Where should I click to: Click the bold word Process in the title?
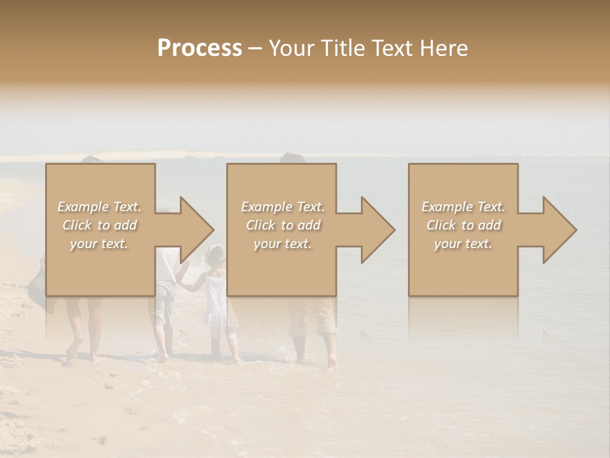(x=200, y=48)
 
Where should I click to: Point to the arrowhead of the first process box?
(x=196, y=230)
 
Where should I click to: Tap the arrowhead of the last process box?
(x=559, y=230)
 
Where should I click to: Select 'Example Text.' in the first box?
(x=100, y=207)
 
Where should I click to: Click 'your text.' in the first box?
(x=100, y=244)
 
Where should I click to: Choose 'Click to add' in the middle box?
(x=283, y=225)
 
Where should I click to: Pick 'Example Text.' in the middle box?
(x=283, y=207)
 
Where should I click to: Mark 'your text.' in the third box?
(x=463, y=244)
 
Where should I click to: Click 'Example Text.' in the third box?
(x=463, y=207)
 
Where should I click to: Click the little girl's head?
(x=216, y=254)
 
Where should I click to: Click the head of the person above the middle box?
(x=293, y=158)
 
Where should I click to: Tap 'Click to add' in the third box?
(x=463, y=225)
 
